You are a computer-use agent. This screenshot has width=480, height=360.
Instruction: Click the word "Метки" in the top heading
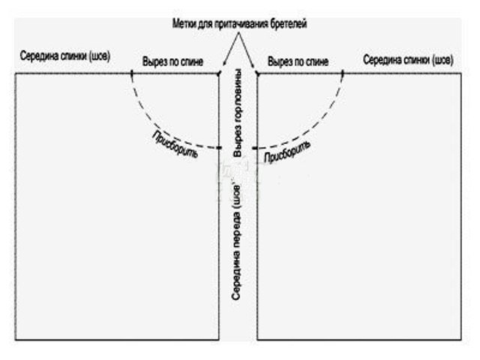coord(184,23)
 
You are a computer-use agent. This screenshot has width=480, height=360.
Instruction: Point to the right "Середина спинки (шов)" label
coord(409,58)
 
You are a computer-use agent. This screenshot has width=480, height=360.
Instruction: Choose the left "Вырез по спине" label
coord(172,61)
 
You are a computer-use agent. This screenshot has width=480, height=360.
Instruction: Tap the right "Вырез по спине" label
coord(299,61)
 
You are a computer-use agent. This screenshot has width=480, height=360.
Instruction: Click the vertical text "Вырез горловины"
coord(238,112)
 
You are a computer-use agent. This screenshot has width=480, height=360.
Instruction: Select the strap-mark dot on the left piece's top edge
coord(218,73)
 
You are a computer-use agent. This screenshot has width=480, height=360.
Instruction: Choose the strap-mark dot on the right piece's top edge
coord(257,73)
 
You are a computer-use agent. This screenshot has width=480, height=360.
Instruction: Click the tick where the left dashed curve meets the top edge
coord(133,73)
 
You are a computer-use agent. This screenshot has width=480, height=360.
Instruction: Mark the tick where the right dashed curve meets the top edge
coord(343,73)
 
